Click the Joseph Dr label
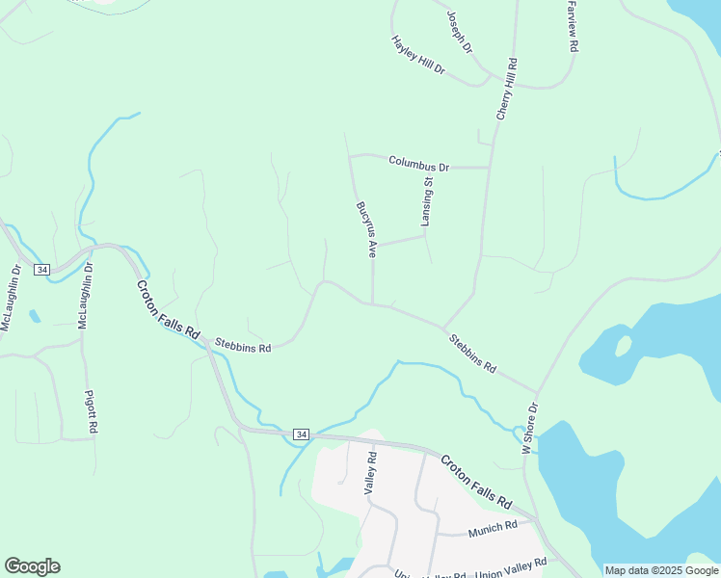[x=460, y=33]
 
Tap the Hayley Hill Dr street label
[x=418, y=55]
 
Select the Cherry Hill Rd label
[x=507, y=89]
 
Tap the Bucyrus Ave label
[x=365, y=229]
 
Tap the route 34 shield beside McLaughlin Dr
[x=41, y=269]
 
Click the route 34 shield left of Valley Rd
[x=301, y=434]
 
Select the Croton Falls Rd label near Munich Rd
[x=476, y=482]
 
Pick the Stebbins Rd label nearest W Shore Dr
[x=472, y=354]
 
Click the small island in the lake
[x=623, y=344]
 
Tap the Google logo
[x=32, y=566]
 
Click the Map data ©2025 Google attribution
[x=661, y=570]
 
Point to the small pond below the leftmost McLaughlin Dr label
[x=35, y=316]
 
